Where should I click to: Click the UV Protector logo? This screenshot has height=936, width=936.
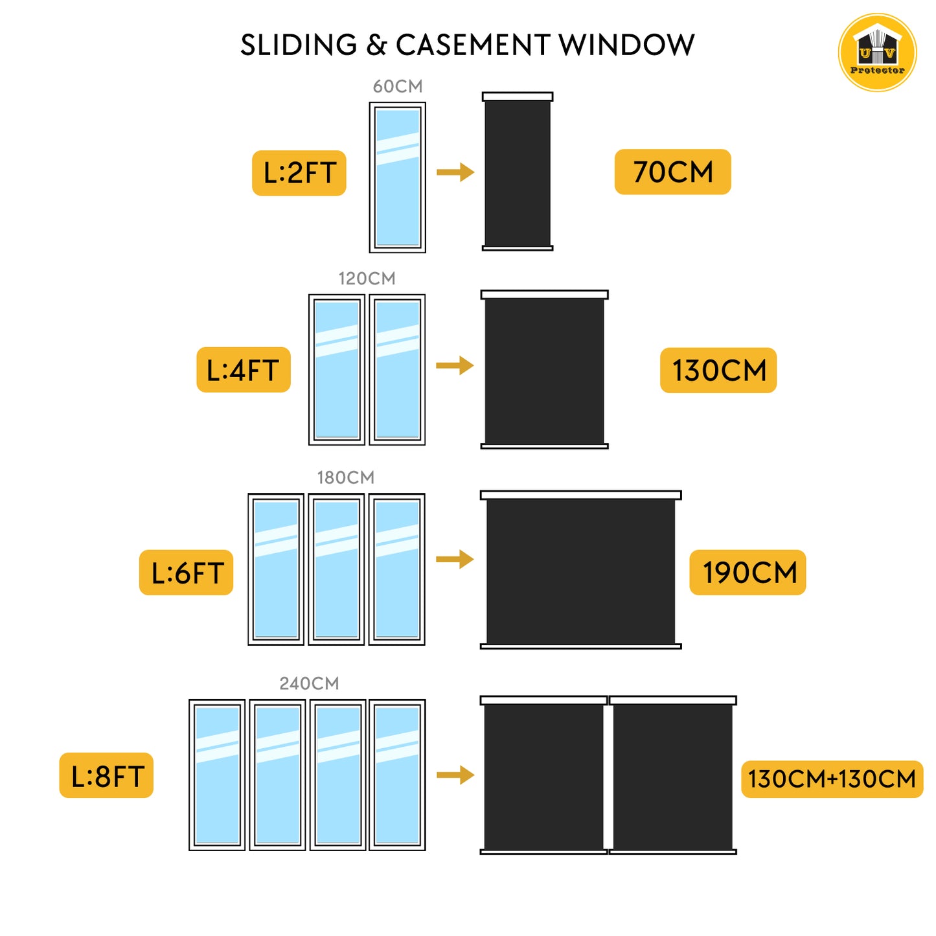(x=877, y=52)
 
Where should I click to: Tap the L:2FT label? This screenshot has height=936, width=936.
(x=299, y=173)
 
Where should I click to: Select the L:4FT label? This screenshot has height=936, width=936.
(x=244, y=370)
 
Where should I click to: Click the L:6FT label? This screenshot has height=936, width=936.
(x=187, y=573)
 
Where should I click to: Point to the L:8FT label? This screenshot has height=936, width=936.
(x=107, y=775)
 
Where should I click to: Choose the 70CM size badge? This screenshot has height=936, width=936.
(x=672, y=172)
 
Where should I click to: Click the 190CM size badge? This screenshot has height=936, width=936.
(x=748, y=573)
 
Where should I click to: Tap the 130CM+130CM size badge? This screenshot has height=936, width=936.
(x=832, y=779)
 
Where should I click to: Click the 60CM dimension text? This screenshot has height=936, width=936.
(x=398, y=86)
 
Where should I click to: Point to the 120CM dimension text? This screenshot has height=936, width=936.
(x=367, y=279)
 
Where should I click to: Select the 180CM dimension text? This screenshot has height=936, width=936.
(x=345, y=477)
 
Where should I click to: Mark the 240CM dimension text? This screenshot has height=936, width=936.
(x=309, y=683)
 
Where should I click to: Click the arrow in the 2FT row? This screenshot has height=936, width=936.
(x=455, y=172)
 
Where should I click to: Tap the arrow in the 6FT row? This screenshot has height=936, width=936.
(x=455, y=559)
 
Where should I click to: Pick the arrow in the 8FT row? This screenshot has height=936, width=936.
(x=455, y=775)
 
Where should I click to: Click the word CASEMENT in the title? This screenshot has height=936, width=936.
(x=473, y=45)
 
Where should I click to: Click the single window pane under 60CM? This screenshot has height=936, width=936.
(x=398, y=177)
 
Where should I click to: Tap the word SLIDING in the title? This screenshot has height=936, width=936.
(x=299, y=45)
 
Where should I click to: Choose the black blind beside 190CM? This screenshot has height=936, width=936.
(x=580, y=570)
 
